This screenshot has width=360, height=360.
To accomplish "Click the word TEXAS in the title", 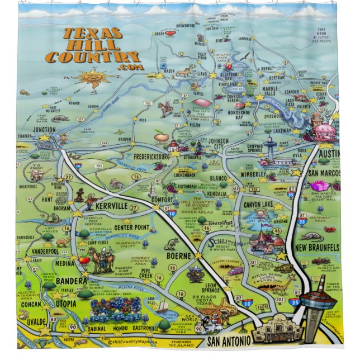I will click(x=92, y=34).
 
